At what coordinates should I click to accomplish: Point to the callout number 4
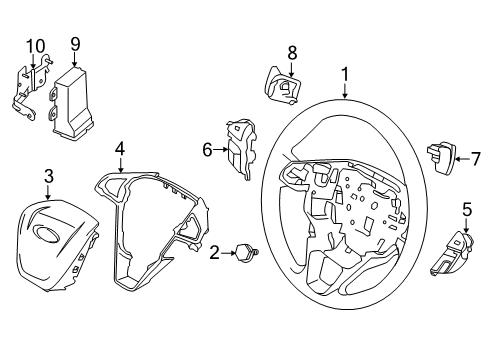pos(119,148)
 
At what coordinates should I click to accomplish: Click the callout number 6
pos(208,149)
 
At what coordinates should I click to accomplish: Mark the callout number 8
pos(292,51)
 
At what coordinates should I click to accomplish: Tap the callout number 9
pos(74,43)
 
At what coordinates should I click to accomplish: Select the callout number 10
pos(35,44)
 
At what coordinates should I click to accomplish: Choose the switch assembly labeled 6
pos(240,148)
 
